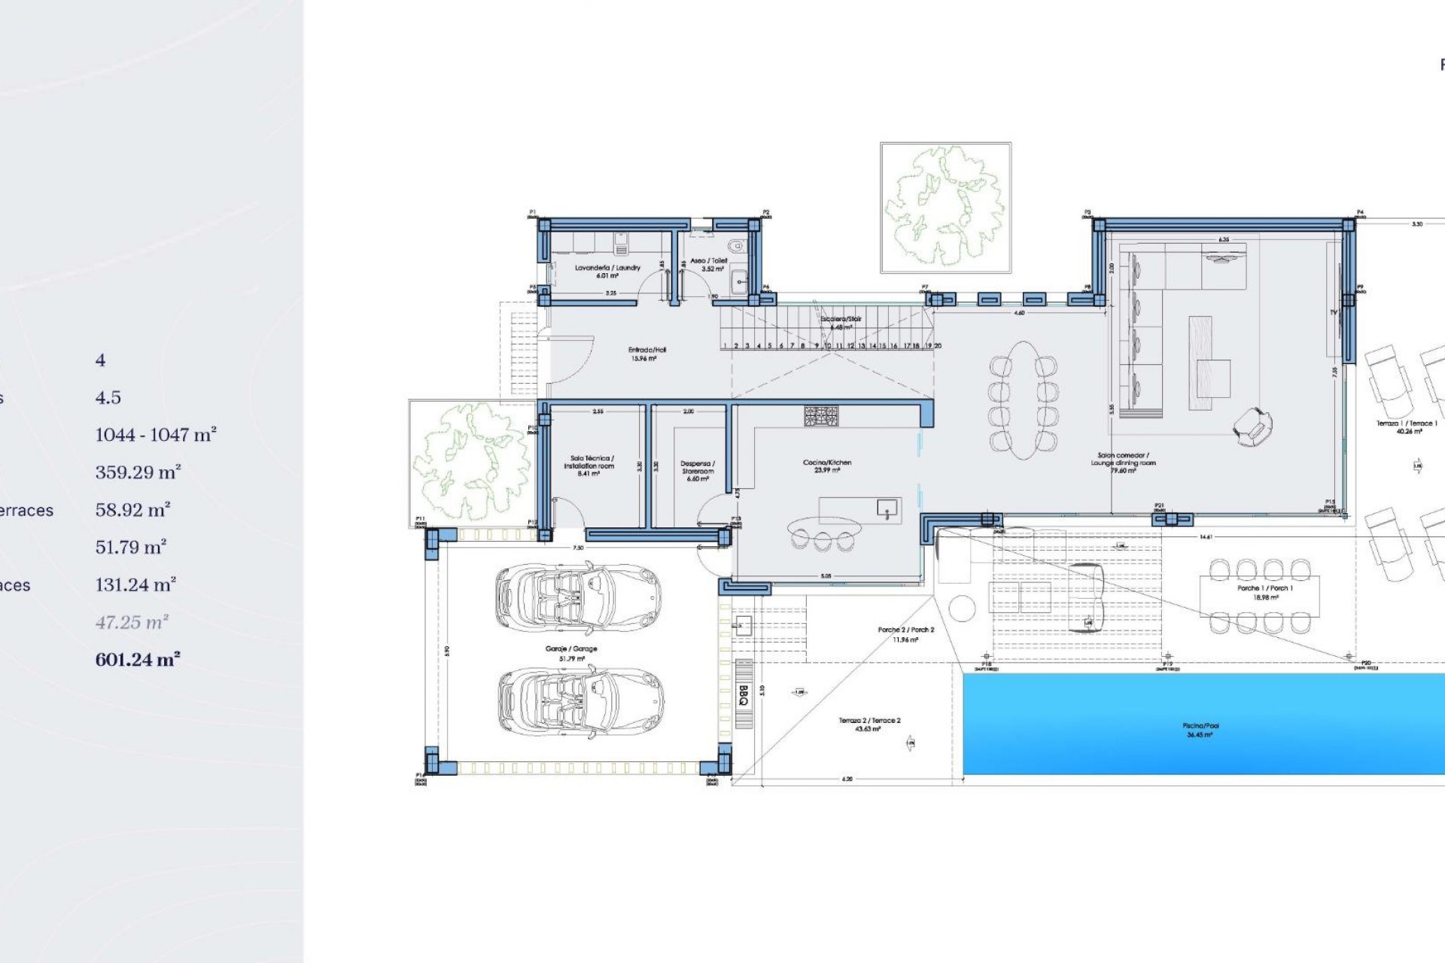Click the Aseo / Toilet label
point(709,264)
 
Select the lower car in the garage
point(581,700)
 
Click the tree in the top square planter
point(945,206)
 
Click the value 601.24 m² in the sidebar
point(138,660)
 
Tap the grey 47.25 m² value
point(132,622)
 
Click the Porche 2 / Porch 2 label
point(905,634)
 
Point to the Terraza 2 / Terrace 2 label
point(869,725)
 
